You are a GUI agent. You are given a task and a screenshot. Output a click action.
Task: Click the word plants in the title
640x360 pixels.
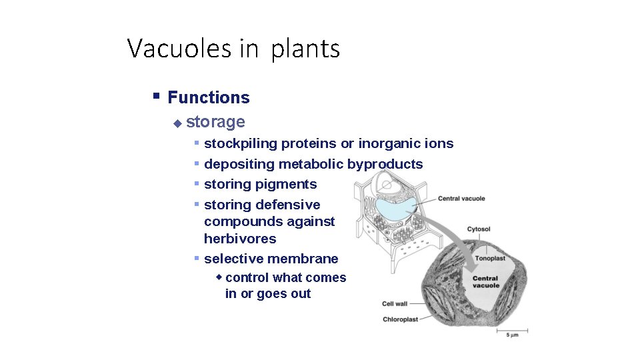(305, 49)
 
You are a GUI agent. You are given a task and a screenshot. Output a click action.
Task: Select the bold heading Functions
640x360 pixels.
(209, 97)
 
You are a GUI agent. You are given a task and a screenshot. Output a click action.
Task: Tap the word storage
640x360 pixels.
(216, 122)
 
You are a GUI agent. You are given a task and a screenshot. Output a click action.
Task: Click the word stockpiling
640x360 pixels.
(241, 144)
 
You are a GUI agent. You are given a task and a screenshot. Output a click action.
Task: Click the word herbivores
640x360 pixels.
(240, 239)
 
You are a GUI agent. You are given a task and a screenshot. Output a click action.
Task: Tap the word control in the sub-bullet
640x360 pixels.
(247, 278)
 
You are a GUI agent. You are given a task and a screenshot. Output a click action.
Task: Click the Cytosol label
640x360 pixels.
(479, 229)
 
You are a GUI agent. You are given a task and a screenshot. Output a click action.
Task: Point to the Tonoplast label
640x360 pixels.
(489, 259)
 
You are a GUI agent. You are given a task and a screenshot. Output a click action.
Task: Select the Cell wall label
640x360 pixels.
(395, 304)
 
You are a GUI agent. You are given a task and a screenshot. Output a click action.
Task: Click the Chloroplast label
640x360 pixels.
(400, 319)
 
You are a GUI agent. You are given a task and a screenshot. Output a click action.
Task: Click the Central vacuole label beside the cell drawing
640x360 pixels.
(461, 199)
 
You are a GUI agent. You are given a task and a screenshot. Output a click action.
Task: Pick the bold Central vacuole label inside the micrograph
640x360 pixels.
(486, 282)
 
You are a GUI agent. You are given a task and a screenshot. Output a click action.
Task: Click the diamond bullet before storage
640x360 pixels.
(177, 123)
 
